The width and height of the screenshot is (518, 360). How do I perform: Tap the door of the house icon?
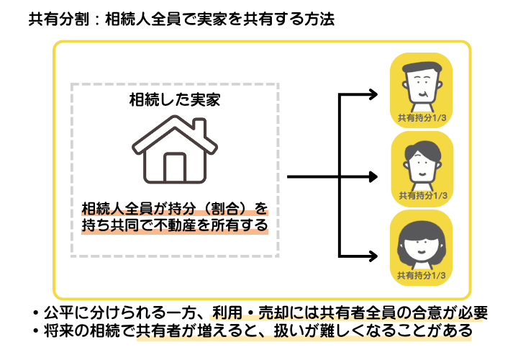(x=175, y=168)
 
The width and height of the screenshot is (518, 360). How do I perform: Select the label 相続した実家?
(x=174, y=99)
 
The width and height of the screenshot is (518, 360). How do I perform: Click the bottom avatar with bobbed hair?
(x=421, y=241)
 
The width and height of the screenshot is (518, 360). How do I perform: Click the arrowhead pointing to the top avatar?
(x=372, y=94)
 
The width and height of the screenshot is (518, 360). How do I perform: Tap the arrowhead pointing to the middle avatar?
(x=372, y=175)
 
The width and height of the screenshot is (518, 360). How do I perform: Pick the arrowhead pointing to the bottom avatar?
(x=372, y=256)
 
